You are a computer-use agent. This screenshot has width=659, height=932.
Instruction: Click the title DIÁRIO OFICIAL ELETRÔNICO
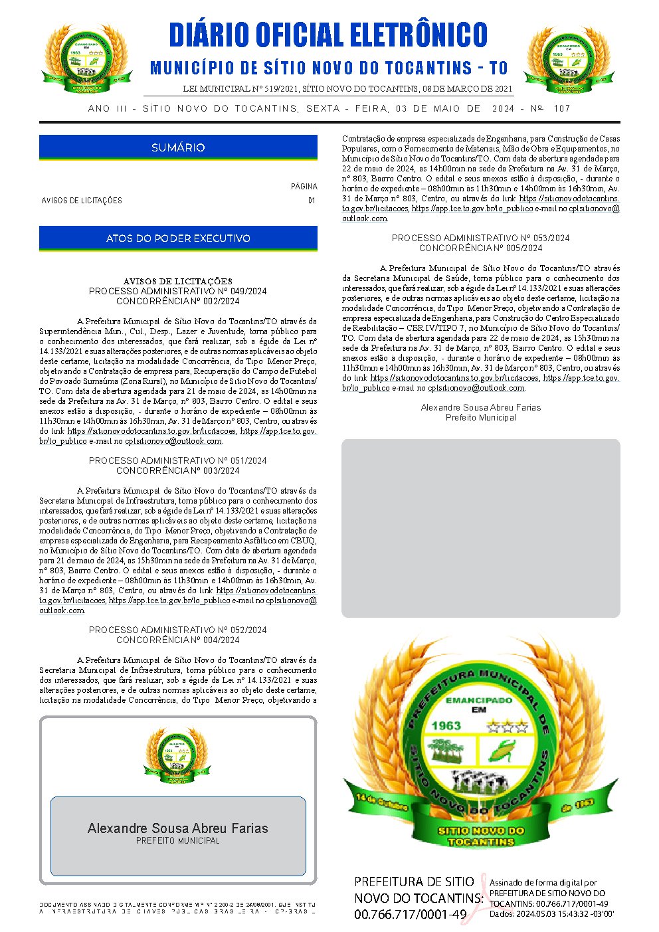328,35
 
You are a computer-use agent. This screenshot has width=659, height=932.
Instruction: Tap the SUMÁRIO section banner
178,147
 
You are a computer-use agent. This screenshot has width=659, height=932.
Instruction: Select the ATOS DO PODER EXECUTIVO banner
178,238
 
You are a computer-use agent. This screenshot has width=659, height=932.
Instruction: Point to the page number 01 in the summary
312,201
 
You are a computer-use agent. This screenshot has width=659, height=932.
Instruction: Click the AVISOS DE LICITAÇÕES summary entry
82,201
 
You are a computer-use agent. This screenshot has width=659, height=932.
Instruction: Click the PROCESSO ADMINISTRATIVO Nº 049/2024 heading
178,291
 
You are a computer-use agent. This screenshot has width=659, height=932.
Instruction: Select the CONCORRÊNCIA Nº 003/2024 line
178,470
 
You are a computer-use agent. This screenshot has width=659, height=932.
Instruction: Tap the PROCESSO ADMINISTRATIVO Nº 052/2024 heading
178,630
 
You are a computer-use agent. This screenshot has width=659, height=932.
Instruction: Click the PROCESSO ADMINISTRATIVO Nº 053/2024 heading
480,238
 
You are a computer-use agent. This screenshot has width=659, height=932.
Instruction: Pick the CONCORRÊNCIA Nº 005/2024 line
480,248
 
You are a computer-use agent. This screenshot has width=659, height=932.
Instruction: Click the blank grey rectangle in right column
480,528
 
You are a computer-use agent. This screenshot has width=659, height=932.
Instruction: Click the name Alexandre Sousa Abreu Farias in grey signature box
178,828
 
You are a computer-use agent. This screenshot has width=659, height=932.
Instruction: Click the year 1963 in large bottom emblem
446,725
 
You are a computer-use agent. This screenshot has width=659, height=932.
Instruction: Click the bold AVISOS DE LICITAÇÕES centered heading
178,281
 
